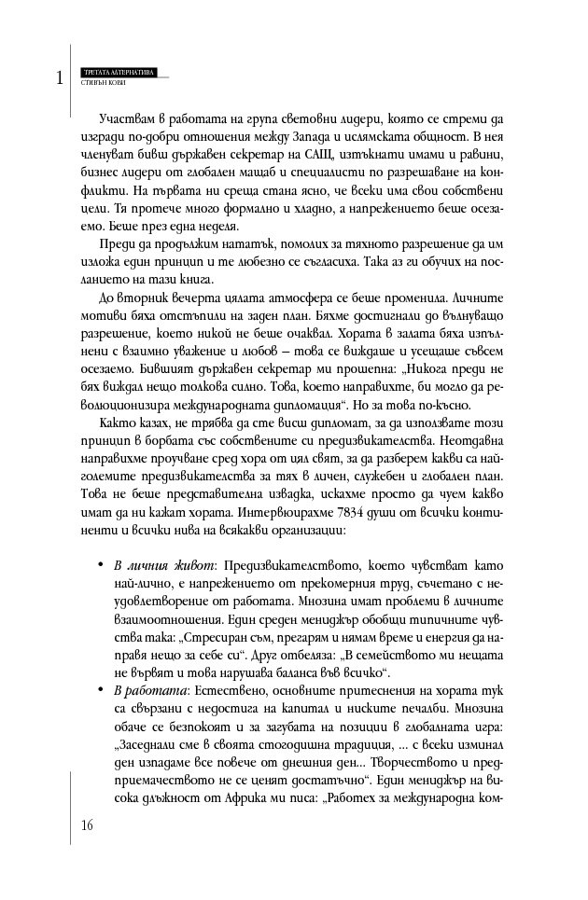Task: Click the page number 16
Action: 87,824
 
